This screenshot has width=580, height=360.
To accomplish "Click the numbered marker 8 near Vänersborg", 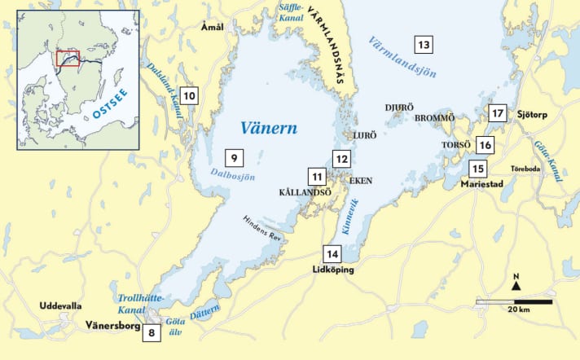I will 151,332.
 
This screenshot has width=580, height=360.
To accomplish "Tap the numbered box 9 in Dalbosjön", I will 233,157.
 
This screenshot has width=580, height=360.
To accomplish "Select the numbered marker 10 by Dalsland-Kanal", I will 189,96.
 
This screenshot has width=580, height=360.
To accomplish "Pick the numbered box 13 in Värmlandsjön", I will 423,45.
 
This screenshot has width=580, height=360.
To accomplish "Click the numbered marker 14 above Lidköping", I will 332,252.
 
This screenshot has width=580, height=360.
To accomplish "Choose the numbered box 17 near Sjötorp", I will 499,113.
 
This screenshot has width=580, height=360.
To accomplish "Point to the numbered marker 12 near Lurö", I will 341,158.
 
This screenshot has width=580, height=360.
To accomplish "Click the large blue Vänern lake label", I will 269,128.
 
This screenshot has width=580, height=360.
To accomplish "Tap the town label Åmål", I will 212,26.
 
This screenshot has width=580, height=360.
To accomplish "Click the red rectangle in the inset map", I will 68,58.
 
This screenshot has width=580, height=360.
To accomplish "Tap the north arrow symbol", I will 516,282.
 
